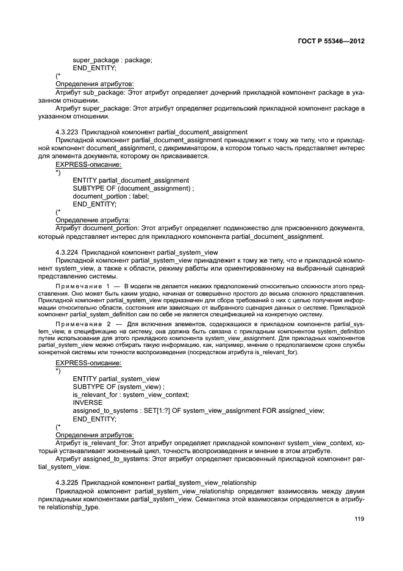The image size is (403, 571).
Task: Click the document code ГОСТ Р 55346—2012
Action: click(x=340, y=42)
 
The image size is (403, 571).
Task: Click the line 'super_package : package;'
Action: click(x=112, y=60)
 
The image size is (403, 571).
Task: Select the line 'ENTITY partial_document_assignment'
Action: click(x=130, y=180)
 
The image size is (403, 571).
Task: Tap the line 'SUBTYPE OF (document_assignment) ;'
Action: click(x=133, y=188)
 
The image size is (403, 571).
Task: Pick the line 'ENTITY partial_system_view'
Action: click(x=115, y=379)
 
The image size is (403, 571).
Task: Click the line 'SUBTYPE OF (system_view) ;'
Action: click(x=118, y=387)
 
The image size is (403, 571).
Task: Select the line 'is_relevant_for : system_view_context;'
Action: click(x=130, y=395)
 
